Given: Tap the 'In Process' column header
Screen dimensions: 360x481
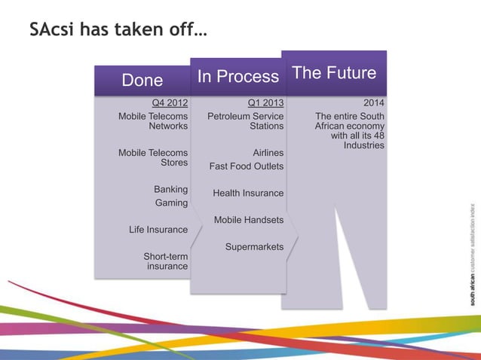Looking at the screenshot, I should point(237,76).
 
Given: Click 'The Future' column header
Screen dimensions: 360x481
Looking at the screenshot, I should point(333,72).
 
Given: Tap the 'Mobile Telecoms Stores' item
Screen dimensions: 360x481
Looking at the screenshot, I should point(153,157).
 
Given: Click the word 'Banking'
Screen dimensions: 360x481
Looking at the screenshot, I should point(170,189).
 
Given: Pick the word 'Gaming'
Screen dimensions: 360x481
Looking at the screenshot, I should point(171,203).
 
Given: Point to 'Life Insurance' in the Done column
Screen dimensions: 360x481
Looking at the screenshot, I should point(158,230).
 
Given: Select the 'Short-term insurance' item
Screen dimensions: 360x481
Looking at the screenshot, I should point(166,261).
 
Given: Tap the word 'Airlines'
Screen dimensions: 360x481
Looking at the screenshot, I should point(268,153).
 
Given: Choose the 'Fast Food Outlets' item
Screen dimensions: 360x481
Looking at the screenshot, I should point(247,166).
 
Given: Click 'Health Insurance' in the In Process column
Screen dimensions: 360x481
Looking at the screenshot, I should point(248,194).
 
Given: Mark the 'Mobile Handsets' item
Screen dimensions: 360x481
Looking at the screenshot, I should point(249,220).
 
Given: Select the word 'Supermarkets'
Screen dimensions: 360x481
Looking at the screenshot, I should point(254,247).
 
